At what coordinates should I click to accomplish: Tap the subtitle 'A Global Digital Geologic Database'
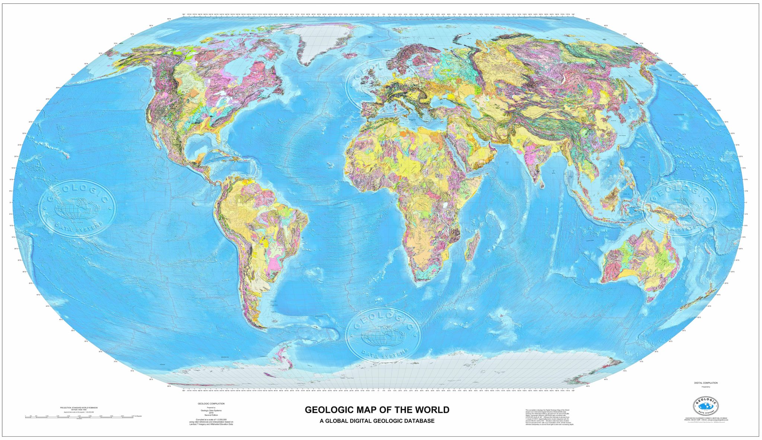pyautogui.click(x=377, y=421)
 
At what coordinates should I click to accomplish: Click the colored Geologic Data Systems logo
pyautogui.click(x=705, y=406)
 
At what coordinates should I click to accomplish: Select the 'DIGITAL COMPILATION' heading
pyautogui.click(x=705, y=383)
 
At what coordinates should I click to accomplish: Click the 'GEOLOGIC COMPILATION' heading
pyautogui.click(x=211, y=403)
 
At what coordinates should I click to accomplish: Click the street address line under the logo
pyautogui.click(x=705, y=418)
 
